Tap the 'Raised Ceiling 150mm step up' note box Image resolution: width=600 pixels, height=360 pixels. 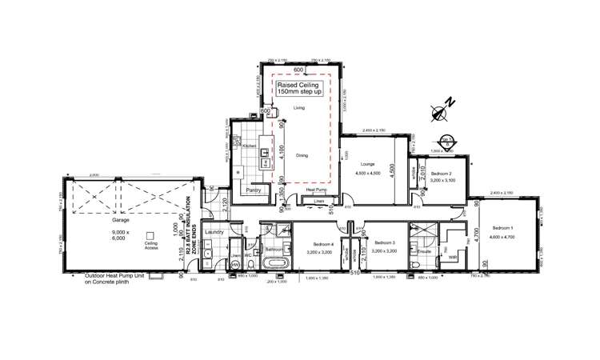298,89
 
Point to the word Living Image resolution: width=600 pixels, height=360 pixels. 299,107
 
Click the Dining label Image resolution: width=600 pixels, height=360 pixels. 301,155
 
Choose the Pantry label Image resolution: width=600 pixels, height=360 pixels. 254,190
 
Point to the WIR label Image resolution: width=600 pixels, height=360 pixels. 453,257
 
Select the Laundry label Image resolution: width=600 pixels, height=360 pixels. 212,233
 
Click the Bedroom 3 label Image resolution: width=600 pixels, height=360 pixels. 384,242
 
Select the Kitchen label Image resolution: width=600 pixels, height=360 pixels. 248,147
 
